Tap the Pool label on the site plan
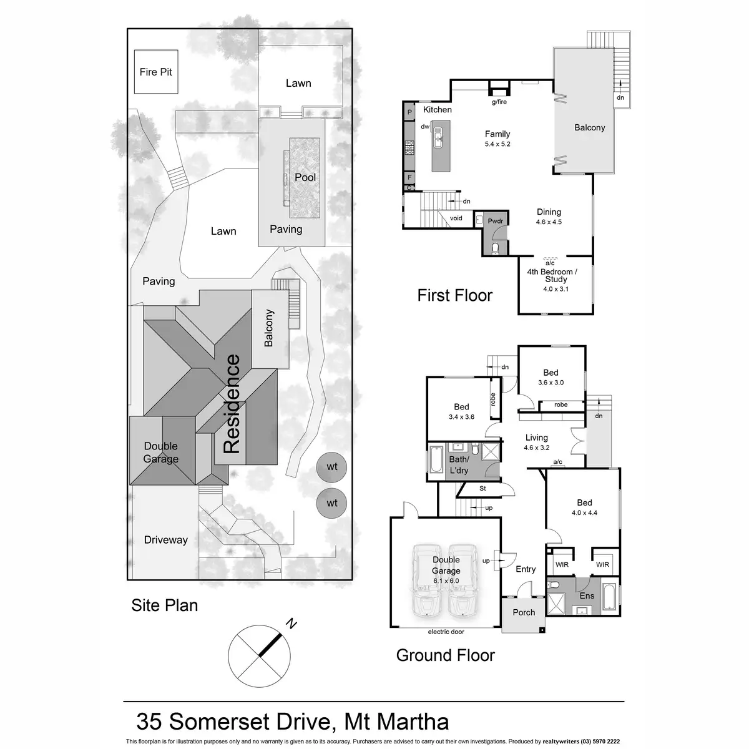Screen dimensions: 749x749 (305, 177)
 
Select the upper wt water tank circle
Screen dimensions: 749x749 (331, 467)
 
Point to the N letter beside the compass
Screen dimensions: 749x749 (291, 624)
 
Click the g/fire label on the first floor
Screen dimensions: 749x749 (499, 102)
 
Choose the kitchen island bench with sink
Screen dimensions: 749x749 (441, 146)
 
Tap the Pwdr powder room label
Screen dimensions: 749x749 (495, 221)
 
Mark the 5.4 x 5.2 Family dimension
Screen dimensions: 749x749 (497, 144)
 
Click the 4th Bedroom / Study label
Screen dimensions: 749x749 (552, 275)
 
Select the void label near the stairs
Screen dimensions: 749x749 (456, 218)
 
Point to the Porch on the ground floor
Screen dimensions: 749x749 (524, 612)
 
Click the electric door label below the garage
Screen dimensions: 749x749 (446, 632)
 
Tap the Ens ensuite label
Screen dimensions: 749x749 (587, 596)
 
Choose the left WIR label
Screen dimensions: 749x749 (562, 564)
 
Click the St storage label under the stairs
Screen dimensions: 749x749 (482, 489)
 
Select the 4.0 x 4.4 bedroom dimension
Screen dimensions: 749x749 (584, 512)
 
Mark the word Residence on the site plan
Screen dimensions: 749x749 (232, 404)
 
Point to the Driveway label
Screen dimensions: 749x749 (165, 540)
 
